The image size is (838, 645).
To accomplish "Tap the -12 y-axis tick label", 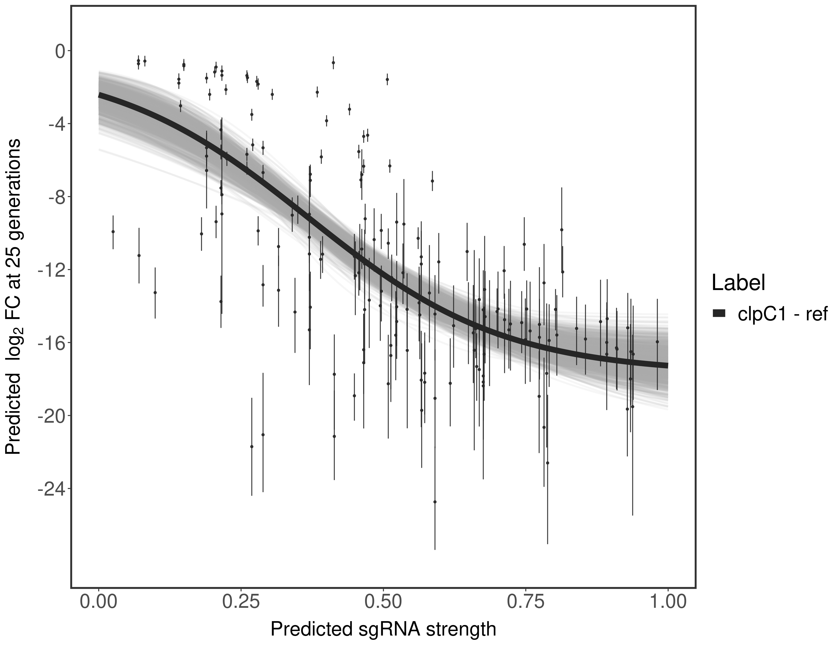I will pyautogui.click(x=50, y=270).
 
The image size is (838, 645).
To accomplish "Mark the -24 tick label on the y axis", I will pyautogui.click(x=50, y=489).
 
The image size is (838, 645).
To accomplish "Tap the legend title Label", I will pyautogui.click(x=739, y=283).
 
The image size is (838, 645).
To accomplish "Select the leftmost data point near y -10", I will pyautogui.click(x=113, y=232).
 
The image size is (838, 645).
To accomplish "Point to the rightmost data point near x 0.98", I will pyautogui.click(x=657, y=342).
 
